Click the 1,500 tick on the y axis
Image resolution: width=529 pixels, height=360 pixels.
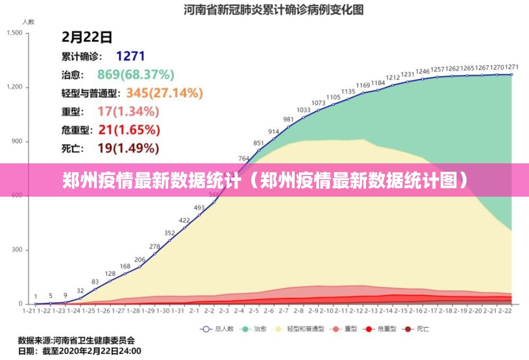tap(14, 33)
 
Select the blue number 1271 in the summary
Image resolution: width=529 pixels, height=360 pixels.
tap(130, 56)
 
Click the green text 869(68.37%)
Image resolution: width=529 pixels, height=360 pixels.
tap(135, 75)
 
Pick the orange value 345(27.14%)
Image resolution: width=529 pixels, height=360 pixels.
tap(165, 93)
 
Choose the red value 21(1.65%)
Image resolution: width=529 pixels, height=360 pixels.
tap(129, 130)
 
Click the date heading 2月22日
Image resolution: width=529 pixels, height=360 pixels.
tap(87, 37)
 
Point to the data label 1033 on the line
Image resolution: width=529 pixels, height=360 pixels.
tap(303, 110)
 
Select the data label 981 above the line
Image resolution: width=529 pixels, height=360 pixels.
tap(288, 119)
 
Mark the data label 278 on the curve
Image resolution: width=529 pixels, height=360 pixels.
tap(154, 246)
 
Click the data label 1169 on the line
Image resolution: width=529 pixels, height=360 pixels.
tap(363, 85)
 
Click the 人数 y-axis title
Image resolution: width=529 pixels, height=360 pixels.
tap(28, 22)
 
